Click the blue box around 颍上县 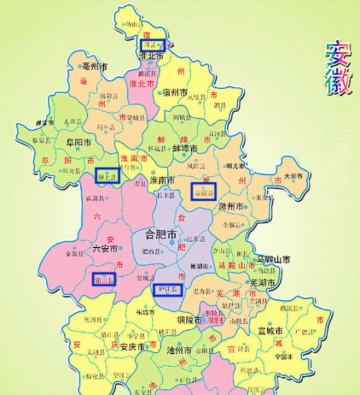(x=106, y=176)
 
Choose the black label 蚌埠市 (x=185, y=147)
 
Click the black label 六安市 (x=105, y=249)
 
